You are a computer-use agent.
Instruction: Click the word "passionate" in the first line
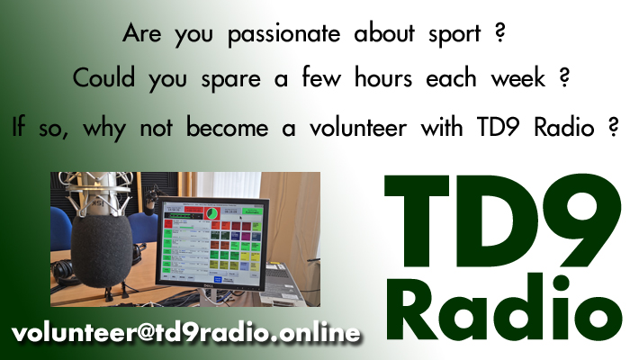[x=284, y=34]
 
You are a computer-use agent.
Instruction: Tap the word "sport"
[x=454, y=35]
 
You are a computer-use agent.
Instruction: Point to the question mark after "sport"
[x=499, y=33]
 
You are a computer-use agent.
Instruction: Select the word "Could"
[x=103, y=77]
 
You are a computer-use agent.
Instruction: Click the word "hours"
[x=383, y=77]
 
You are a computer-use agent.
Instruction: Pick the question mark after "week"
[x=564, y=77]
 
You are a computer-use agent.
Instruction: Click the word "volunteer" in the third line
[x=358, y=127]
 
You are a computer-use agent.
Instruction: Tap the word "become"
[x=227, y=127]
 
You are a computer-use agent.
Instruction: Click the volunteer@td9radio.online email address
[x=185, y=334]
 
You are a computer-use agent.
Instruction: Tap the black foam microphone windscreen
[x=102, y=251]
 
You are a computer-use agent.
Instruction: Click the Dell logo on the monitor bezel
[x=208, y=286]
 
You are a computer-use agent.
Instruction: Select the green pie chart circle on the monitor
[x=211, y=213]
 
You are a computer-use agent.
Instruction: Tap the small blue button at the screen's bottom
[x=218, y=279]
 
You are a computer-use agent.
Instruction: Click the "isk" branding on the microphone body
[x=97, y=202]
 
